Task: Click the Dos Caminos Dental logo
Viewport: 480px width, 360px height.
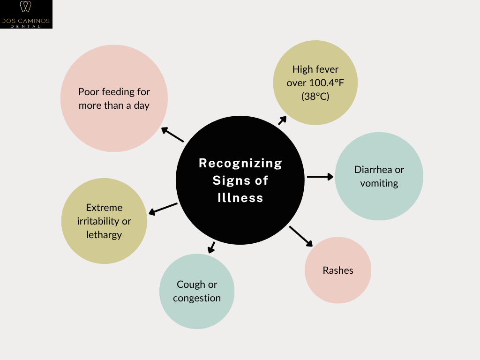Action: [x=26, y=14]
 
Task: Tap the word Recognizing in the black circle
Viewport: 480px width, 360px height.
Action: [x=240, y=163]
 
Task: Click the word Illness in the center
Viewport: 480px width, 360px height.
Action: [x=240, y=198]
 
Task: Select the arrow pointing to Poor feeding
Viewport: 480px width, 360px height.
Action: [x=172, y=135]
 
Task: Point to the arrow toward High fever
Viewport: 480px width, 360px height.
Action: [x=282, y=120]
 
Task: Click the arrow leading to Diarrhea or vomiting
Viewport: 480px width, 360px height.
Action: [x=320, y=177]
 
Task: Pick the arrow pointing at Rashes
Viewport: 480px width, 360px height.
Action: [x=300, y=236]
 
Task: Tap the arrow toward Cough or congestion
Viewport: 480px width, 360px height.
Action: [x=211, y=247]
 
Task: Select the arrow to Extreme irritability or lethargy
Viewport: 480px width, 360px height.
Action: [x=163, y=209]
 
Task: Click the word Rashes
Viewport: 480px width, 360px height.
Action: [x=338, y=270]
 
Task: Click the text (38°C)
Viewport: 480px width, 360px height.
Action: [x=315, y=97]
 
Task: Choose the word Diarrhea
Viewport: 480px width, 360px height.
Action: [x=373, y=169]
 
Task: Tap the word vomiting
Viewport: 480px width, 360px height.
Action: [x=379, y=183]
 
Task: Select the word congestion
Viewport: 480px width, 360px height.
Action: [x=197, y=298]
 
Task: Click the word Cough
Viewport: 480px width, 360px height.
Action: [x=191, y=284]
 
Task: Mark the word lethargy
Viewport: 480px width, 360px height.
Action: [x=104, y=234]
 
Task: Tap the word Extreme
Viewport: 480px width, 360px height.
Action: [x=104, y=207]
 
